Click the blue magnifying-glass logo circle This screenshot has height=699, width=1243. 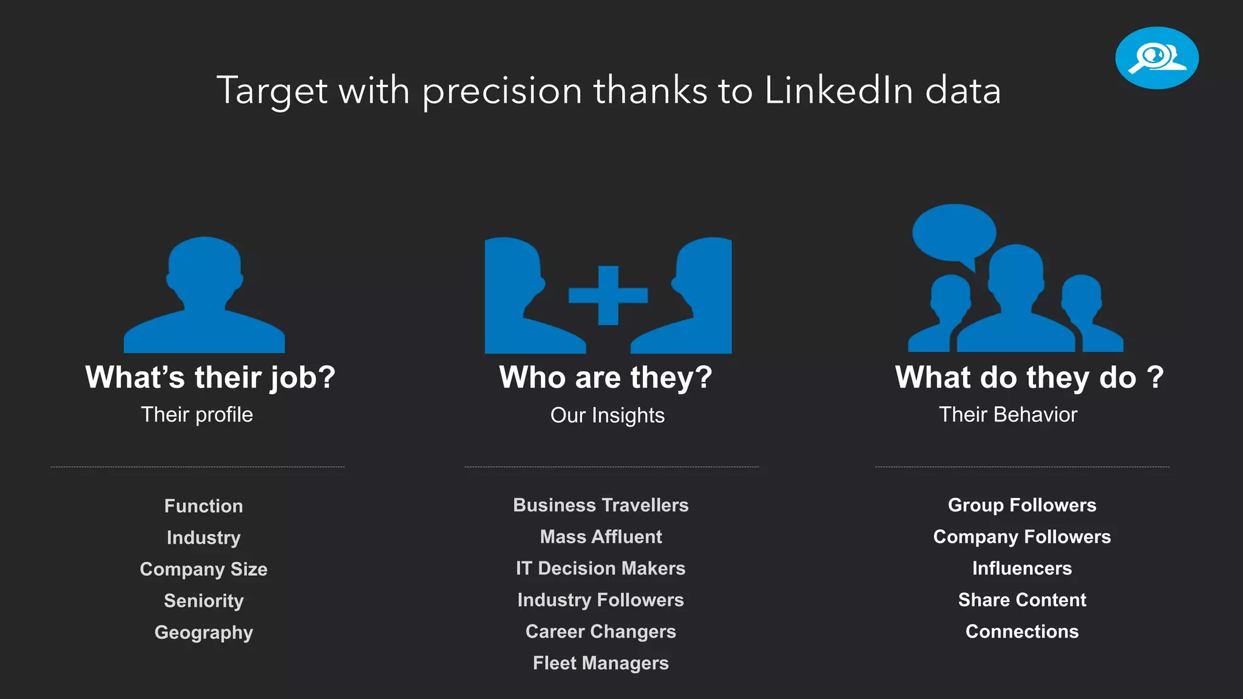coord(1156,58)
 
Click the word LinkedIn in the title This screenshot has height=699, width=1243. coord(839,90)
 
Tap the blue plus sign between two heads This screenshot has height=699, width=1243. coord(608,295)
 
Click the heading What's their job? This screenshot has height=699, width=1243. coord(210,377)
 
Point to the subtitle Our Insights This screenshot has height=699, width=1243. coord(607,416)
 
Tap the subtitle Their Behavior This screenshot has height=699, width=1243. coord(1008,414)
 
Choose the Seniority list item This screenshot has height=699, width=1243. coord(203,601)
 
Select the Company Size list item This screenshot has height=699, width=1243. coord(203,569)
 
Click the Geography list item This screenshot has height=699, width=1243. coord(203,632)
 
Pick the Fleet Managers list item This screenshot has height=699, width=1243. coord(600,663)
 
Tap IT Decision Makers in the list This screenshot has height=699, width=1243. coord(600,569)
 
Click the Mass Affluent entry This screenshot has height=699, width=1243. coord(600,537)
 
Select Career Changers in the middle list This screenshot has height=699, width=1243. coord(600,632)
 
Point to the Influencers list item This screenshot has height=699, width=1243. coord(1021,569)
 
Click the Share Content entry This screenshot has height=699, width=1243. coord(1021,600)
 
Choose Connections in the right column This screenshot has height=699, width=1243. coord(1021,632)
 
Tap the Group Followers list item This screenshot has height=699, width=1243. coord(1021,505)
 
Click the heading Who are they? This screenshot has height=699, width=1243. coord(605,377)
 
